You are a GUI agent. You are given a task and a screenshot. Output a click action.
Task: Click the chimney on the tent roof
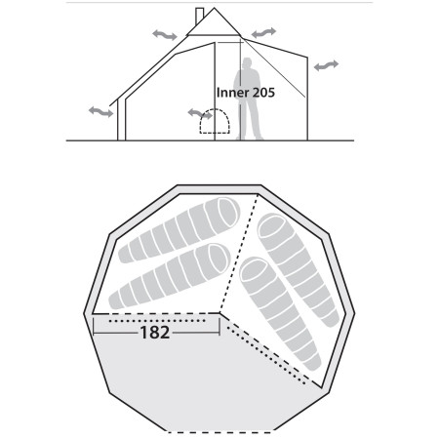click(x=199, y=18)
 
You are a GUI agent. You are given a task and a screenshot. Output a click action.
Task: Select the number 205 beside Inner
click(x=261, y=94)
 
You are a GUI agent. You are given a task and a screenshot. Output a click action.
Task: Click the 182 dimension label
click(x=154, y=333)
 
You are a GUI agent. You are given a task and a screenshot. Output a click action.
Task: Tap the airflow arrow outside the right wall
click(x=326, y=64)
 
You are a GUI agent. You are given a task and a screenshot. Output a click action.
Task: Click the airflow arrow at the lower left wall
click(x=100, y=113)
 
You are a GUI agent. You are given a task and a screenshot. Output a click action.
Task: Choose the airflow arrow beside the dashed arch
click(x=199, y=116)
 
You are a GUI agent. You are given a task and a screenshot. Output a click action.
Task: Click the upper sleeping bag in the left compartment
click(x=179, y=232)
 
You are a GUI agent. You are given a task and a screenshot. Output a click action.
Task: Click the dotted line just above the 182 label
click(x=156, y=318)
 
